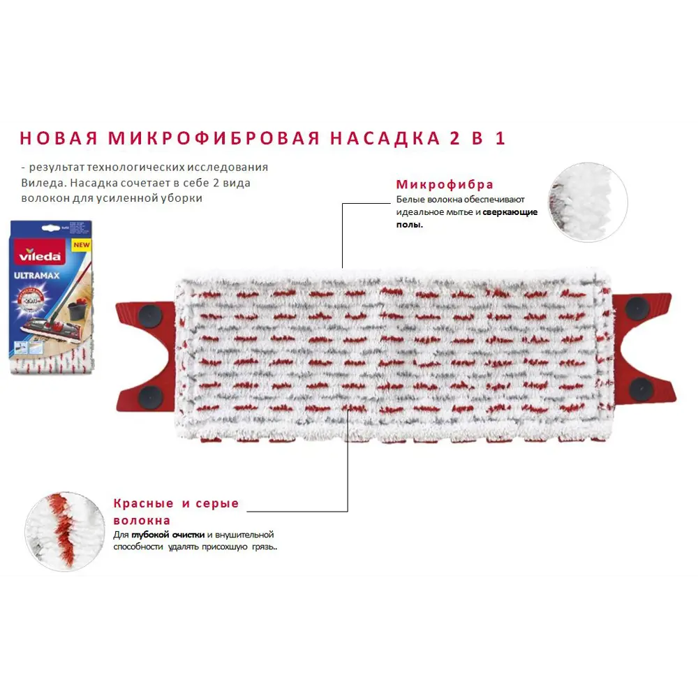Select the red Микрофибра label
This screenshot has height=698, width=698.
coord(445,184)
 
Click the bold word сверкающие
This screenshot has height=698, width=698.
coord(510,211)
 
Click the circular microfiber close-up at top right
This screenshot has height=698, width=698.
coord(588,202)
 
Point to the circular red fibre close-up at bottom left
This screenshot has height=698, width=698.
coord(65,531)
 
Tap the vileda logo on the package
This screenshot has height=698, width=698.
coord(45,255)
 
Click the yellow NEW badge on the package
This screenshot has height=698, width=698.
coord(82,245)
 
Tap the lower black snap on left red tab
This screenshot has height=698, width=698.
coord(151,398)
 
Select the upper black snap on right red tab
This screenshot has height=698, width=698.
coord(636,308)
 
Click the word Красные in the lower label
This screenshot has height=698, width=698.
coord(143,503)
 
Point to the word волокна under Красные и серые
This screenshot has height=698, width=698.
coord(142,521)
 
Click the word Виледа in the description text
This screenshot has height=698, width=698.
coord(42,182)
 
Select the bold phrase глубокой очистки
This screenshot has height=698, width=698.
coord(168,534)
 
